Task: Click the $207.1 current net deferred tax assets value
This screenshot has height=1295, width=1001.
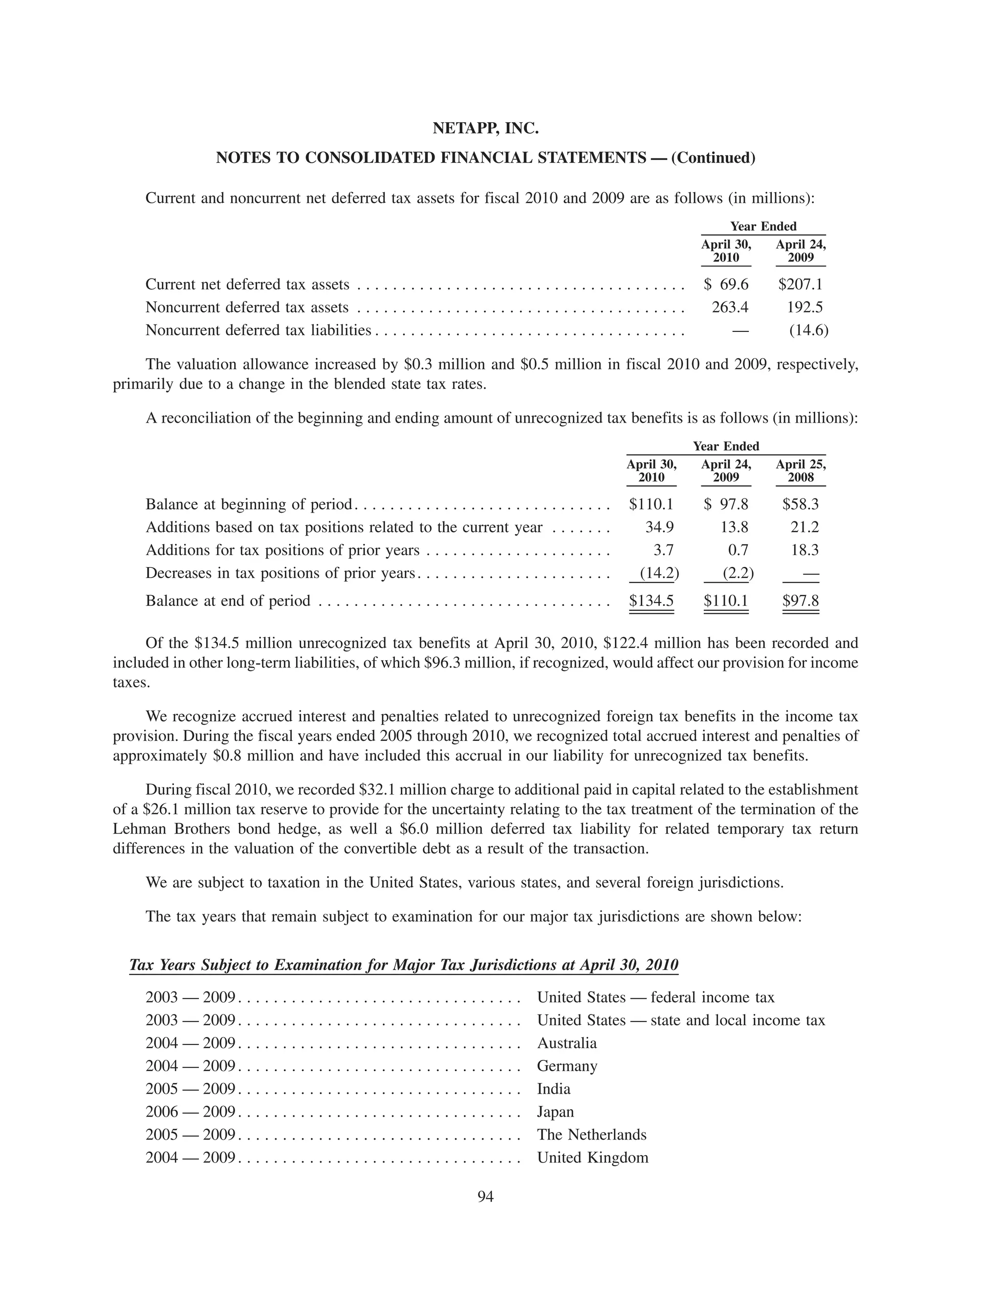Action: (800, 284)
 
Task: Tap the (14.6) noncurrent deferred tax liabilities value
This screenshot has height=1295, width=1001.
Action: (808, 330)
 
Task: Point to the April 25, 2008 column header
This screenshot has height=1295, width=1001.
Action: (800, 471)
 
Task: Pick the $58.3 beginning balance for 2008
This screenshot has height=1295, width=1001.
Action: (800, 505)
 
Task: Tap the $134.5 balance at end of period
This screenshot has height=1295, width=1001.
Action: (651, 601)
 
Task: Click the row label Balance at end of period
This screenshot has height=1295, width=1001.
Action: (228, 601)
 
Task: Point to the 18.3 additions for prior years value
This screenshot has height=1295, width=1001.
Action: (804, 550)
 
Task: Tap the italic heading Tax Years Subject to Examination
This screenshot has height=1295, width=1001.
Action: (403, 965)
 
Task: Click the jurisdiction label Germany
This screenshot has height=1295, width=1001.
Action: (567, 1066)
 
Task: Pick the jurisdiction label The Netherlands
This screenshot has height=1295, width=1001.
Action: (591, 1134)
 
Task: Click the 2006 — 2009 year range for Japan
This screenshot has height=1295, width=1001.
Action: (190, 1112)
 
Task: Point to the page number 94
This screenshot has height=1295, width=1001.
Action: (485, 1197)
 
